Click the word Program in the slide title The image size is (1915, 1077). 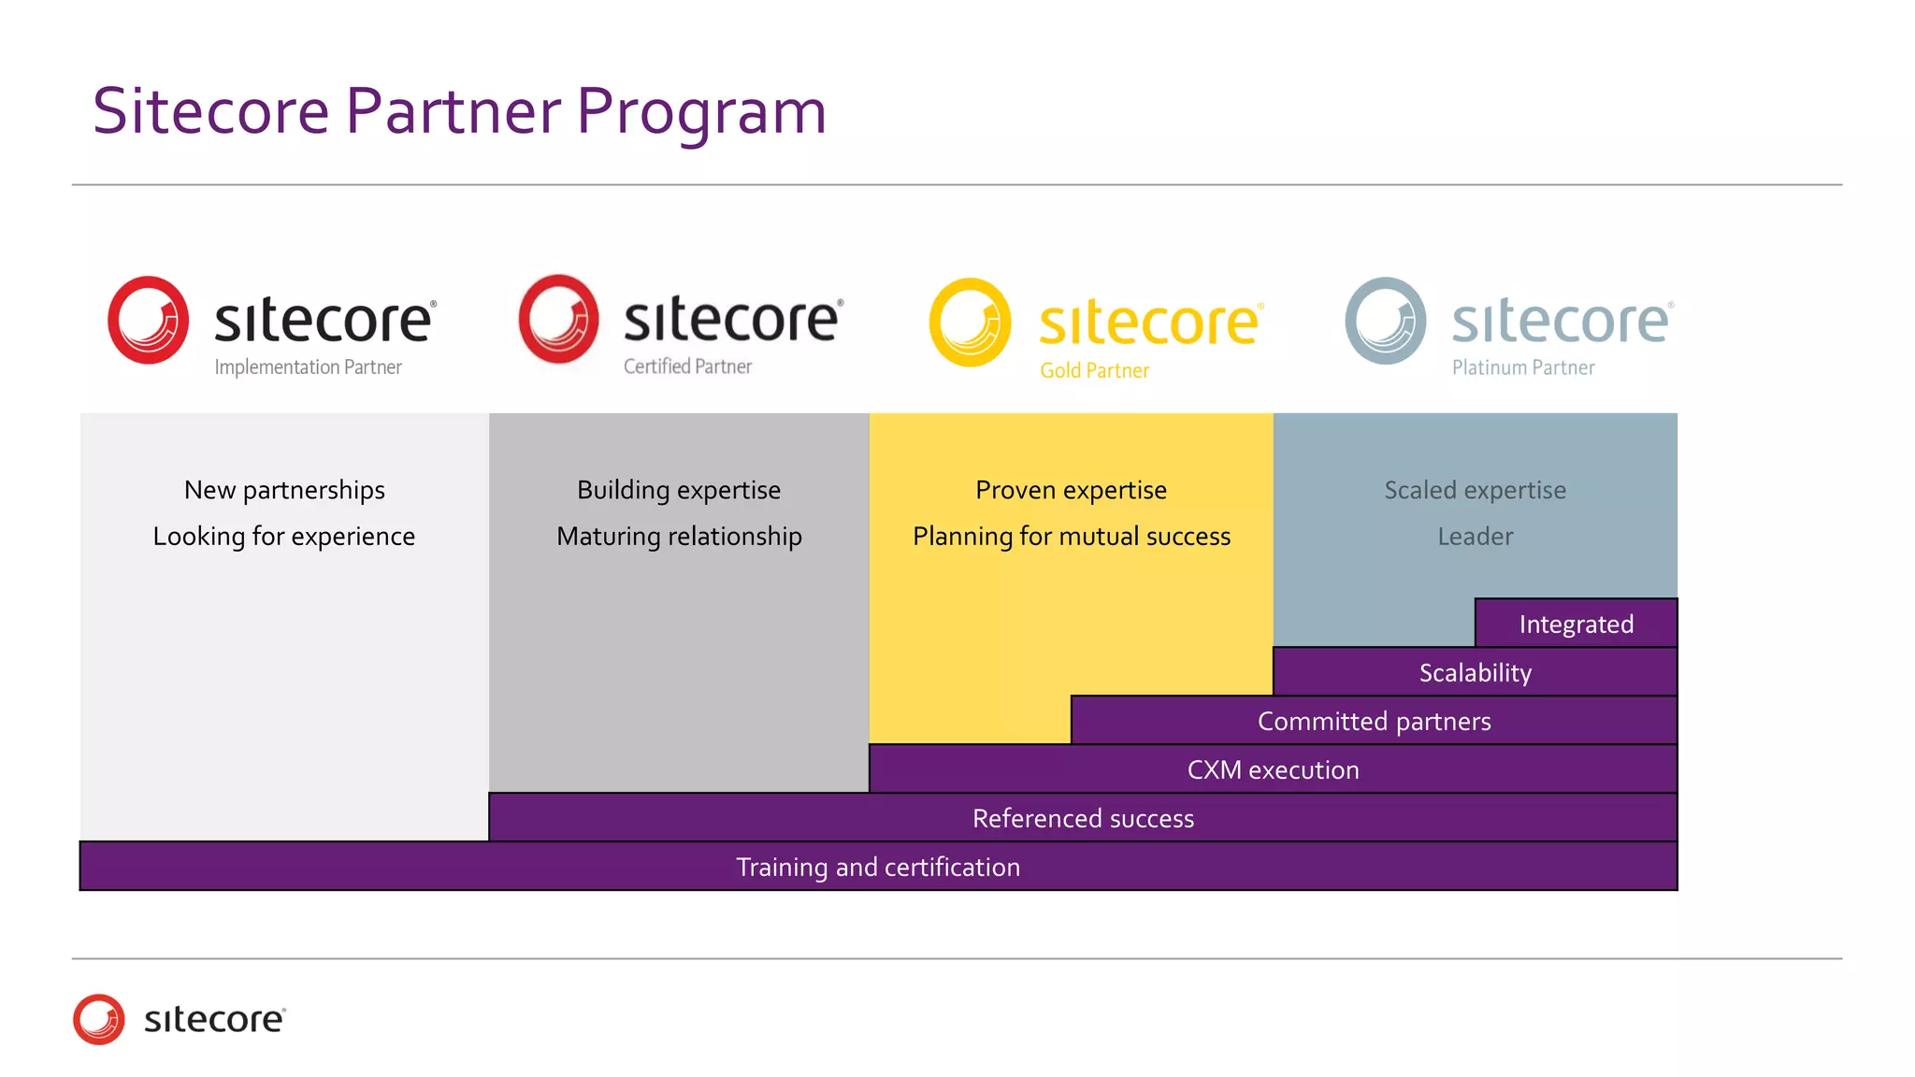[701, 112]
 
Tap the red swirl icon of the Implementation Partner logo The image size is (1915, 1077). [148, 320]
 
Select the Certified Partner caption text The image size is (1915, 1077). [687, 366]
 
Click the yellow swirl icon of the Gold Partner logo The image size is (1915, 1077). [970, 322]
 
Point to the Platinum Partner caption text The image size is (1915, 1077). [1523, 368]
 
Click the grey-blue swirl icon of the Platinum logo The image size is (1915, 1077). [1385, 321]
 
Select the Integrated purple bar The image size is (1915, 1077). [1577, 624]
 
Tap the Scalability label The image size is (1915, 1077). [1476, 672]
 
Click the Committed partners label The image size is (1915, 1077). [1374, 721]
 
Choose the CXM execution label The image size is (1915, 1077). [1273, 769]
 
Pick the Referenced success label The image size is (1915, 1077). [1083, 818]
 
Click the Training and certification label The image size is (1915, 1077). [878, 867]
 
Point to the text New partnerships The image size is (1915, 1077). [284, 490]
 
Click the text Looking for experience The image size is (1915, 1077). [284, 536]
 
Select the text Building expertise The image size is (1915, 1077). [679, 490]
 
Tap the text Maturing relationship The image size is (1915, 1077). [679, 536]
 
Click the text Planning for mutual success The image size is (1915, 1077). [1072, 536]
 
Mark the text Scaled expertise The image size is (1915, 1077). [1475, 490]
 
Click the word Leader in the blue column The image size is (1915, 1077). [1475, 537]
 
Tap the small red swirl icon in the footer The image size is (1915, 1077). [99, 1019]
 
